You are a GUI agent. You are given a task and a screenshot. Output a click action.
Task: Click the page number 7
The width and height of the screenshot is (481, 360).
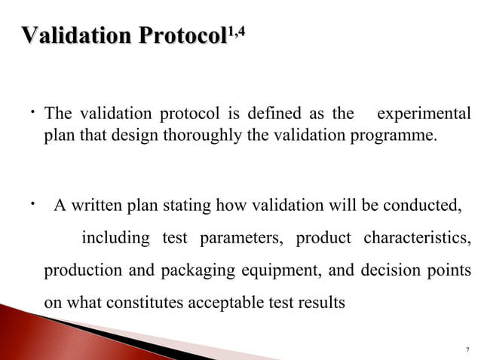click(467, 349)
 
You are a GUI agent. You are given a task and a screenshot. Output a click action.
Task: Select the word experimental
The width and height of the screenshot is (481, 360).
click(424, 114)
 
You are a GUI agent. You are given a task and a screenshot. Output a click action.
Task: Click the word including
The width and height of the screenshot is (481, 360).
click(115, 239)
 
